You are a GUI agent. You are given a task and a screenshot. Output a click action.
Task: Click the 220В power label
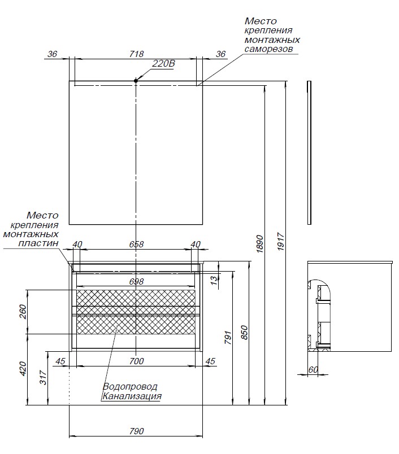point(164,64)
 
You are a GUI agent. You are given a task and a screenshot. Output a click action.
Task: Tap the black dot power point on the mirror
point(136,81)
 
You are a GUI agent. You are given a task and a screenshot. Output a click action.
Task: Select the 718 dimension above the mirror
point(136,54)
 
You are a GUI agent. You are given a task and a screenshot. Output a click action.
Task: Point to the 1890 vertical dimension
point(260,245)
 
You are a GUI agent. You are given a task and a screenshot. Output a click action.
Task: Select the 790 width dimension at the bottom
point(136,431)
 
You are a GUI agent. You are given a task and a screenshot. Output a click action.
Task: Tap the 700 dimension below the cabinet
point(136,361)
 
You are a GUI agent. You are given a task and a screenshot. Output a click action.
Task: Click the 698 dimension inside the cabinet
point(136,281)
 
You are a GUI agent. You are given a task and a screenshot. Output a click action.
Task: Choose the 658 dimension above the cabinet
point(136,245)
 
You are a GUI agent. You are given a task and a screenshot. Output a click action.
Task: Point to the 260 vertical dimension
point(23,312)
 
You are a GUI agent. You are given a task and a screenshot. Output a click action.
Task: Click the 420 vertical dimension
point(23,369)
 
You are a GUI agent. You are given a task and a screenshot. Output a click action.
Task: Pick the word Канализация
point(132,396)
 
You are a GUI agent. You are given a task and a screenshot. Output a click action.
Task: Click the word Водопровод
point(130,387)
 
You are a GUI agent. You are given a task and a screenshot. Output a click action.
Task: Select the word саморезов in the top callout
point(268,50)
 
